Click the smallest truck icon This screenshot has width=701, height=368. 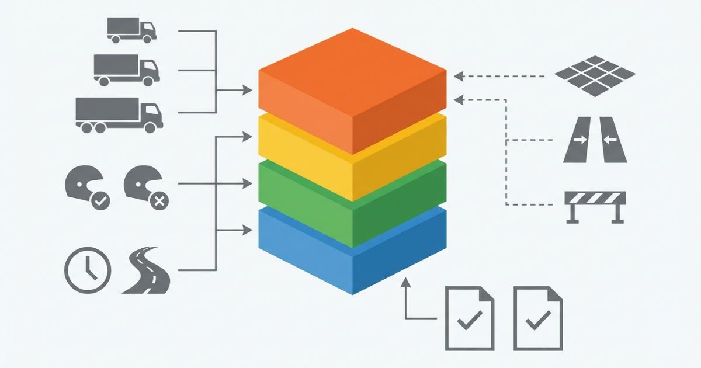tap(131, 30)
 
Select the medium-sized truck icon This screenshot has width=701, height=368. tap(126, 70)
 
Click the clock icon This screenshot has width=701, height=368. tap(87, 270)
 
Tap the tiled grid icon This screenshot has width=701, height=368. tap(594, 75)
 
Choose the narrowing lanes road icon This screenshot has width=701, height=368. tap(595, 140)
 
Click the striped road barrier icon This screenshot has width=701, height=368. tap(595, 206)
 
